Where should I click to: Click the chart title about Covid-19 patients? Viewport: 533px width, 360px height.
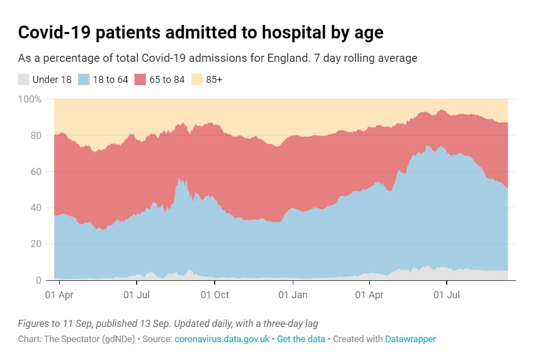[201, 33]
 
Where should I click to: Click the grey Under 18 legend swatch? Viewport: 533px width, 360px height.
[23, 80]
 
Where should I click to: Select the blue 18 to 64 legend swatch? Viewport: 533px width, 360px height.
[84, 80]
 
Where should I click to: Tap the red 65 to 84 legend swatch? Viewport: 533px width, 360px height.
[140, 80]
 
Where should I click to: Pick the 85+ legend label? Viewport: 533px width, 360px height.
[214, 80]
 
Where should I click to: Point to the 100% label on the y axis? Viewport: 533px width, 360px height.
[30, 99]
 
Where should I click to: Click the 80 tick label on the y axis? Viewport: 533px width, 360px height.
[36, 136]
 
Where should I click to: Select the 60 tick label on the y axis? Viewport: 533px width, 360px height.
[36, 172]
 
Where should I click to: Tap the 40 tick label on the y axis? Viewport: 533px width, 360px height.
[36, 208]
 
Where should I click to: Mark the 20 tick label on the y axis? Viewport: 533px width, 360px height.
[36, 245]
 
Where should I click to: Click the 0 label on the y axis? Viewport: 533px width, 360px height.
[38, 280]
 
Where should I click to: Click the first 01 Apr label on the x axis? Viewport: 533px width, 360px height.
[59, 295]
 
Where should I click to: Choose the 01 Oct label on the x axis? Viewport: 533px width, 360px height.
[215, 295]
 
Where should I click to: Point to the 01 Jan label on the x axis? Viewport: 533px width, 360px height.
[292, 295]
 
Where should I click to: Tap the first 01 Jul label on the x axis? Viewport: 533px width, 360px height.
[137, 295]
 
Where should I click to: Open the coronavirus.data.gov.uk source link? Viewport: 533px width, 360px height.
[222, 339]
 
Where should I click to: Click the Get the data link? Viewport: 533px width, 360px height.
[301, 339]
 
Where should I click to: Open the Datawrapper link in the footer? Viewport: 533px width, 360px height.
[410, 339]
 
